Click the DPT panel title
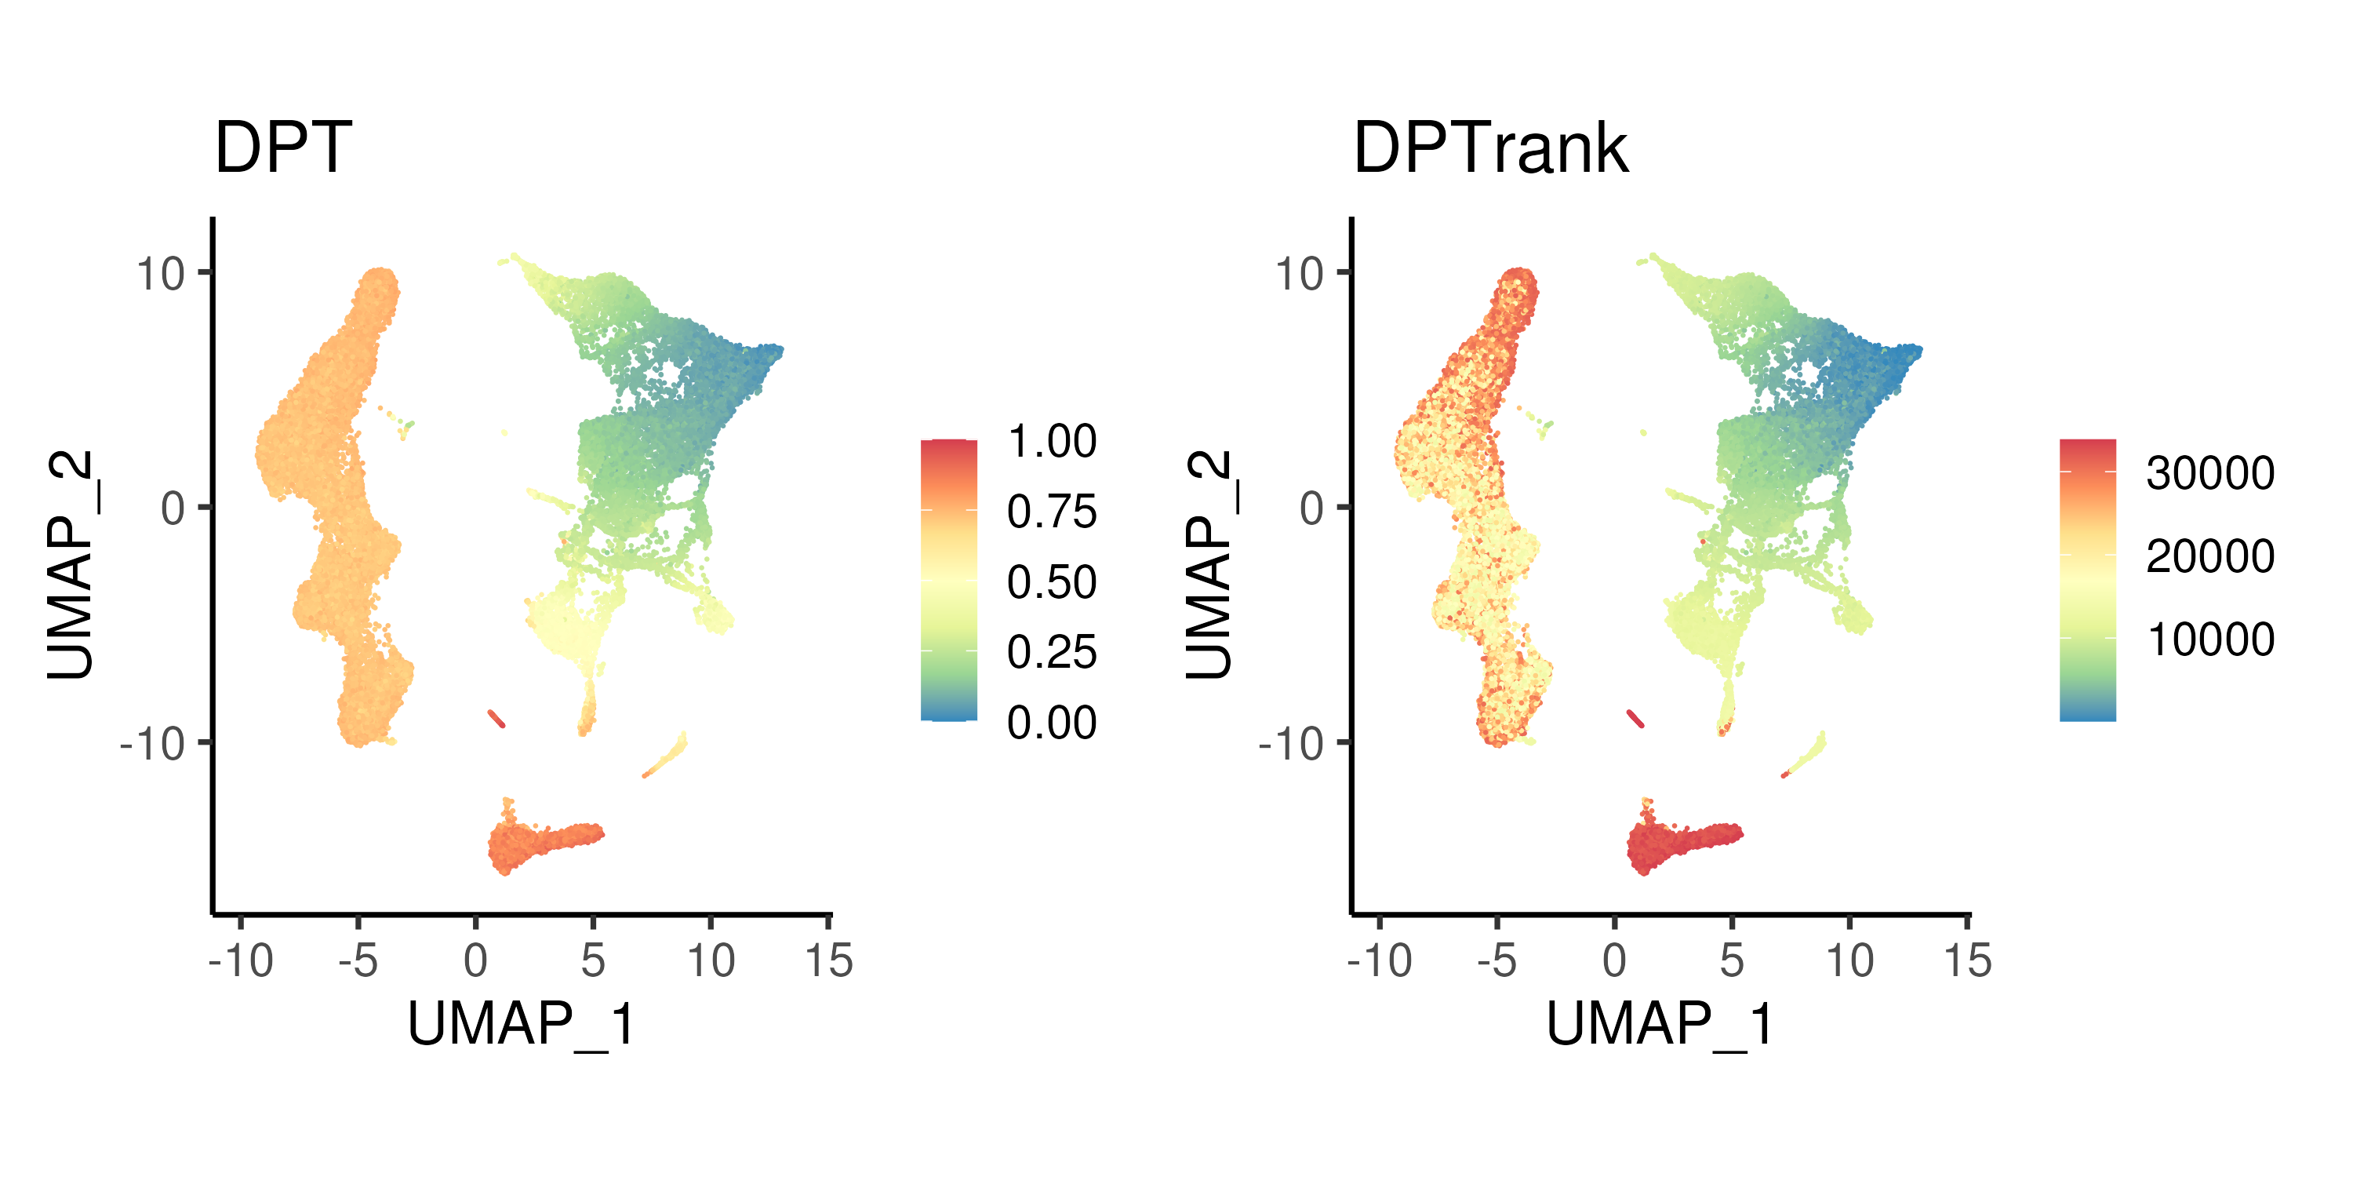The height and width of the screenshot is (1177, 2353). (282, 148)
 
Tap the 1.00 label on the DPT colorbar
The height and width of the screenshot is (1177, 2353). (1051, 441)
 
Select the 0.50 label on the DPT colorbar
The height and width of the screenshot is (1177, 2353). (1051, 582)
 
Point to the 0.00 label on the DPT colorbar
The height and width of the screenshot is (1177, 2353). (1051, 723)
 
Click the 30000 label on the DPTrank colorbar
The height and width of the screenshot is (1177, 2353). (2209, 473)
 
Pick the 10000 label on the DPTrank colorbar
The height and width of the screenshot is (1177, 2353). (2209, 640)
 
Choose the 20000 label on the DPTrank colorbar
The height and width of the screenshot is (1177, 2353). (2209, 556)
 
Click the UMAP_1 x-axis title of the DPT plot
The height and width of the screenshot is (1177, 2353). (521, 1025)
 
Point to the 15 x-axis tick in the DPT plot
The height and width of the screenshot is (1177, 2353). (828, 961)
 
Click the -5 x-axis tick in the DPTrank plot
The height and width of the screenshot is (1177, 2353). (1497, 961)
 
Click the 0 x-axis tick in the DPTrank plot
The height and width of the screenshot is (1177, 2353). (1614, 961)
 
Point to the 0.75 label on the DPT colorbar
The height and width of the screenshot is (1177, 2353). (1051, 512)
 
